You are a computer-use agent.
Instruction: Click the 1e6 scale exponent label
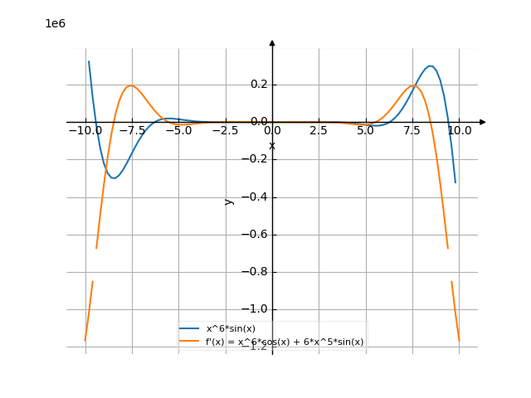(55, 24)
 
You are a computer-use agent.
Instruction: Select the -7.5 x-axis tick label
(131, 131)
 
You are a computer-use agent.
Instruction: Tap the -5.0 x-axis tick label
(178, 131)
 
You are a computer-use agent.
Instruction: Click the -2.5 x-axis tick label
(225, 131)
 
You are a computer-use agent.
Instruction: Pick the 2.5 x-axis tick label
(319, 131)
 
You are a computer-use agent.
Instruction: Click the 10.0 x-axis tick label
(460, 131)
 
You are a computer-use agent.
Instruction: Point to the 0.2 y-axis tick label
(259, 85)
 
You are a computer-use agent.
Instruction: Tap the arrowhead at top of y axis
(272, 42)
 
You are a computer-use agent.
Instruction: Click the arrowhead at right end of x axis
(482, 122)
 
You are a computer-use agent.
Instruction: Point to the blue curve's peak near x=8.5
(430, 66)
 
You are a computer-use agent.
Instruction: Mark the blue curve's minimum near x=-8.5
(114, 177)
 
